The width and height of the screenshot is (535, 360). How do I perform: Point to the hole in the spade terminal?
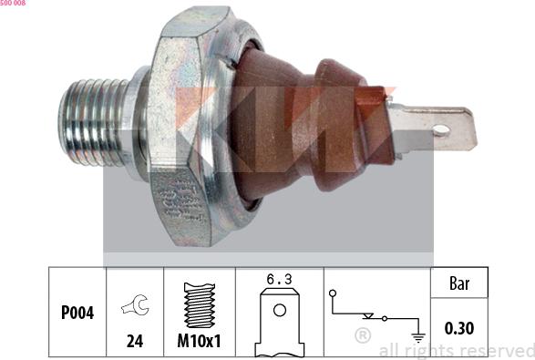tap(442, 131)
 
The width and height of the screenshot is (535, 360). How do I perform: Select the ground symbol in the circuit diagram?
tap(417, 337)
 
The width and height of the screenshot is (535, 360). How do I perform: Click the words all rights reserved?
tap(456, 350)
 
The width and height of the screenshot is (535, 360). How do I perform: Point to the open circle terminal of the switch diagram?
tap(334, 293)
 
